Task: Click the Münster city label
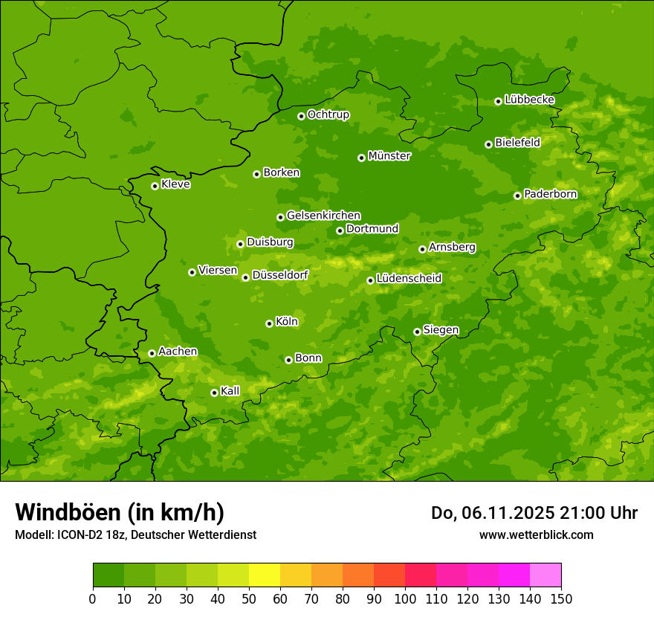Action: [x=389, y=156]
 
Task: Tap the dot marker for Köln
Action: [x=269, y=323]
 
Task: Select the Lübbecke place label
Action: [x=529, y=100]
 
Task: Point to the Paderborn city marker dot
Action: [x=517, y=196]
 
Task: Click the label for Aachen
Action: [x=178, y=352]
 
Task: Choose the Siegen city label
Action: [x=441, y=330]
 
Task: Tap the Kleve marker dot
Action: [x=155, y=186]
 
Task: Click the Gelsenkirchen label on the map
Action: [x=323, y=216]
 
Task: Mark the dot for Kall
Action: [x=214, y=393]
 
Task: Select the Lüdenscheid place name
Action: [x=409, y=279]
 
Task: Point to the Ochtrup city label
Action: [x=328, y=114]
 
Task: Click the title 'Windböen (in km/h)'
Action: [x=120, y=512]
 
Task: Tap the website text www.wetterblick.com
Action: [x=536, y=534]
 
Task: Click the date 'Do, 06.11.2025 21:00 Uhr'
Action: [x=534, y=513]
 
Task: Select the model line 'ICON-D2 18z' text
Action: [x=135, y=535]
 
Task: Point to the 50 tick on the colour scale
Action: [x=249, y=598]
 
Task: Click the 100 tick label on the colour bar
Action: [x=405, y=598]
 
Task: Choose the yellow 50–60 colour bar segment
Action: [x=265, y=575]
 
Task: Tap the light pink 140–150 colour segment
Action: [x=545, y=575]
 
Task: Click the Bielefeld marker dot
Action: [x=488, y=144]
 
